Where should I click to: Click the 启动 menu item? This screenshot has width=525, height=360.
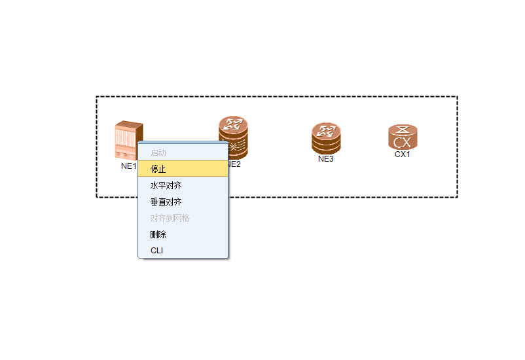click(x=158, y=153)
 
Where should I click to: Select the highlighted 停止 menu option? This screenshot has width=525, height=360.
click(x=158, y=169)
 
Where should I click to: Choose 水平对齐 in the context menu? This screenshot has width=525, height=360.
click(x=166, y=186)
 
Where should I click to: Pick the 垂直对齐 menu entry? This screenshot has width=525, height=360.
click(x=166, y=202)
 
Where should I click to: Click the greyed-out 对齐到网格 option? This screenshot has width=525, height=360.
click(x=170, y=218)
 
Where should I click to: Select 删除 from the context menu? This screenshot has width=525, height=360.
click(x=158, y=234)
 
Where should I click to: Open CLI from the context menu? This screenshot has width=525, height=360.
click(x=157, y=251)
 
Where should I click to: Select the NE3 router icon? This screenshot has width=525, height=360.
click(x=326, y=138)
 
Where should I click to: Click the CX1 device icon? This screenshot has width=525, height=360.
click(x=403, y=137)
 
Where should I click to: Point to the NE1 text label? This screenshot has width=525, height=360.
click(x=128, y=166)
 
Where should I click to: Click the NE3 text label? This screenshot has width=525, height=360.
click(x=326, y=158)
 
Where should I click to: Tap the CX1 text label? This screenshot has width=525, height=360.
click(x=403, y=154)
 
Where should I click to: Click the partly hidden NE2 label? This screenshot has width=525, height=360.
click(x=234, y=164)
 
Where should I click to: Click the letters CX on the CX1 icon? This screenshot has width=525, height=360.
click(x=403, y=142)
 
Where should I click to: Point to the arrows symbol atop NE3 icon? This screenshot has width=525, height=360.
click(x=326, y=129)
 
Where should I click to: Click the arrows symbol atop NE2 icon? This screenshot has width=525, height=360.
click(x=233, y=123)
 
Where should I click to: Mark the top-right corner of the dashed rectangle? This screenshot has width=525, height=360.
click(x=457, y=97)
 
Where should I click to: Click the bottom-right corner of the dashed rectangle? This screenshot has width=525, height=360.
click(x=457, y=197)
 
